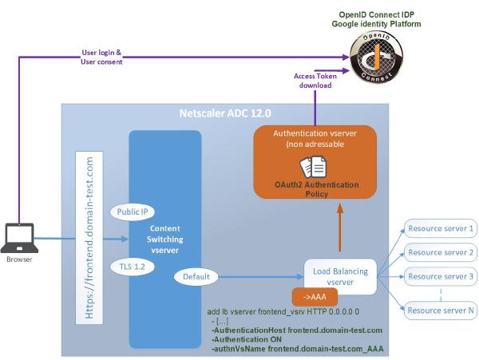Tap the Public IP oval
(132, 212)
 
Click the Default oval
(196, 277)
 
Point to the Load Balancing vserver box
(341, 275)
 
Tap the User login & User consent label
(102, 57)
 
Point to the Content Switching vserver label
(164, 238)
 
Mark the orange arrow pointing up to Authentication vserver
(340, 231)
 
